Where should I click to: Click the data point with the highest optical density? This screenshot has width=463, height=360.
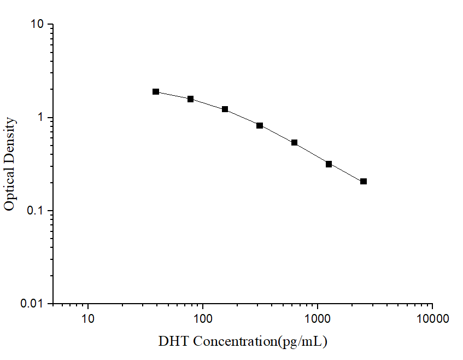[156, 91]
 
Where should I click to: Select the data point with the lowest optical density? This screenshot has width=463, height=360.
[364, 181]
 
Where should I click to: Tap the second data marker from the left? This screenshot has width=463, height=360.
[191, 99]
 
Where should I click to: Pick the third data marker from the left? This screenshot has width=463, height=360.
[225, 109]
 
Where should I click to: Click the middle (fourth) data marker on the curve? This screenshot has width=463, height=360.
[260, 125]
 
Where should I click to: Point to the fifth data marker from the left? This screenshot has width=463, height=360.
[294, 143]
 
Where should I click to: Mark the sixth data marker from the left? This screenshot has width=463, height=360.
[329, 164]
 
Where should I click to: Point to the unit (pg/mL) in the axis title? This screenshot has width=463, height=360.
[303, 342]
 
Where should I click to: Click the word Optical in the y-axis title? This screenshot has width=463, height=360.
[9, 185]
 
